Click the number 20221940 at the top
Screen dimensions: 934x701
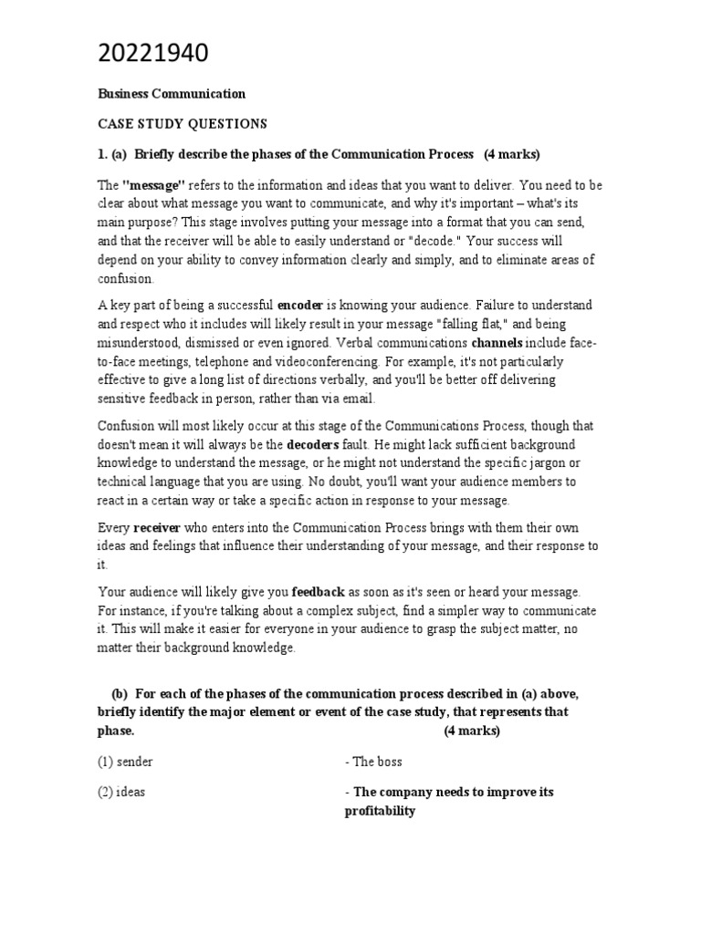[153, 55]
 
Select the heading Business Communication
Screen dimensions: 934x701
[172, 94]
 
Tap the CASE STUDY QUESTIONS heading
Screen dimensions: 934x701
[183, 123]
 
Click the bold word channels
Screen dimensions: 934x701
[497, 344]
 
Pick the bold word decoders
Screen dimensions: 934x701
[315, 444]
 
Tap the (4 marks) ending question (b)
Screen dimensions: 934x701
[473, 732]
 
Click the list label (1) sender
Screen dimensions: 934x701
[126, 762]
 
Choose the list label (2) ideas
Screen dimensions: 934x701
[121, 792]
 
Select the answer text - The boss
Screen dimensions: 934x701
[373, 762]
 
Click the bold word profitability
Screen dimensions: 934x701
[380, 811]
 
